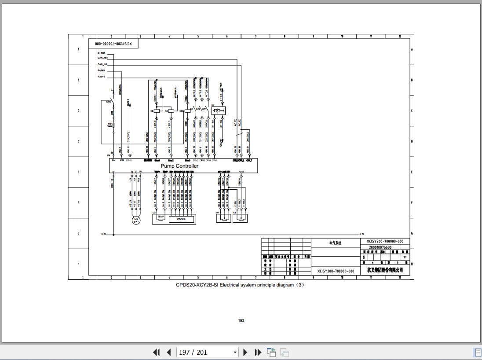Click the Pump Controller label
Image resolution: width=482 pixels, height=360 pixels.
(x=179, y=166)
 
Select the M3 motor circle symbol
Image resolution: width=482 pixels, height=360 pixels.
(x=136, y=220)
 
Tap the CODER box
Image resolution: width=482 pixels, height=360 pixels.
(x=181, y=219)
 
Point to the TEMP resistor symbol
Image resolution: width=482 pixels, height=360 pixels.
(x=161, y=218)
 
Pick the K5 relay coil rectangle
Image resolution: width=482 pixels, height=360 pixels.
(x=156, y=111)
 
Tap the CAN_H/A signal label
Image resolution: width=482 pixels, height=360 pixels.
(x=102, y=58)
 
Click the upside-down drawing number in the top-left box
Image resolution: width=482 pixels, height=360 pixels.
(x=113, y=44)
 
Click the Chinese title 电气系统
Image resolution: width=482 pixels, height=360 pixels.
(x=335, y=242)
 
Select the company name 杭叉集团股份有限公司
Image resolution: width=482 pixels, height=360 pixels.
(x=385, y=270)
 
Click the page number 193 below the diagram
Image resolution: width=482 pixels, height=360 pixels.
(x=241, y=320)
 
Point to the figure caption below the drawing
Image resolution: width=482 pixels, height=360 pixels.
(x=240, y=285)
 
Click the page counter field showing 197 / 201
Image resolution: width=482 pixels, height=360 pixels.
(x=207, y=352)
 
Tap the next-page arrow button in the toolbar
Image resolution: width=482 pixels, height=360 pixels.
(x=245, y=352)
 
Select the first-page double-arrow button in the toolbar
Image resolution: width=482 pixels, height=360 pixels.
(x=156, y=352)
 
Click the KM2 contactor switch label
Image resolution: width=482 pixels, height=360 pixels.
(x=109, y=102)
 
